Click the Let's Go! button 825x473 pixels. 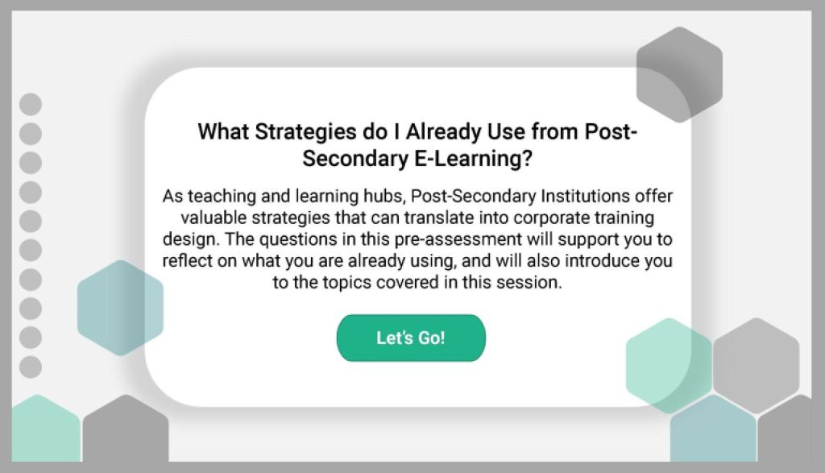click(411, 338)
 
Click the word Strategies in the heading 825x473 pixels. click(305, 132)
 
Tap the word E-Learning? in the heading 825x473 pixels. click(474, 159)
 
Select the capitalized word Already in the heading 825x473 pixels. click(444, 132)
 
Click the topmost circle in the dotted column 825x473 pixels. click(31, 104)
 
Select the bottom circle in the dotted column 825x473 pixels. click(31, 367)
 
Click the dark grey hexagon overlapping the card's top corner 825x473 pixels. click(679, 75)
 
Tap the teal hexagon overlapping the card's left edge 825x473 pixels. click(121, 308)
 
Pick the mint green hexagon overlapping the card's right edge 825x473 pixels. click(670, 366)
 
